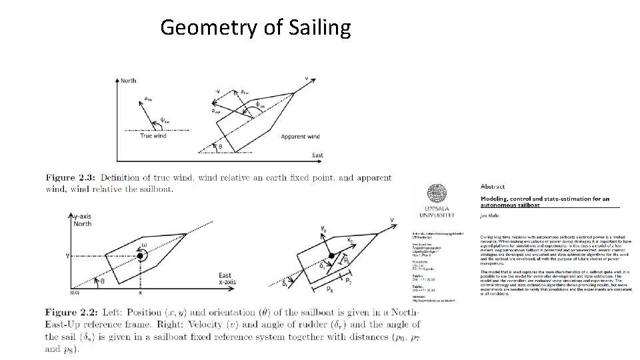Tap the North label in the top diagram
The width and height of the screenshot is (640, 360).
pyautogui.click(x=128, y=81)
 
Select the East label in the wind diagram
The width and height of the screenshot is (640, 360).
pyautogui.click(x=318, y=155)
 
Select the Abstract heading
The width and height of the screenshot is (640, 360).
pyautogui.click(x=492, y=187)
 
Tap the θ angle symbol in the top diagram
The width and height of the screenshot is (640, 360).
pyautogui.click(x=221, y=145)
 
